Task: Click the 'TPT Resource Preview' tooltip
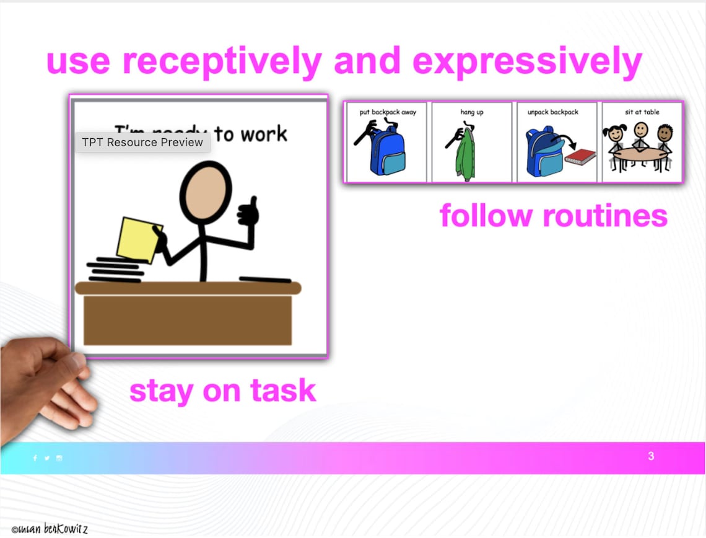[x=142, y=142]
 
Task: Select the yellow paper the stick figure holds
[x=139, y=240]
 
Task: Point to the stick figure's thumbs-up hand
[x=248, y=213]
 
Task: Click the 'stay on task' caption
[x=222, y=391]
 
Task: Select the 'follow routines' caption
[x=553, y=216]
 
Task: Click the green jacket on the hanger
[x=465, y=159]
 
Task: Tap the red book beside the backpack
[x=580, y=157]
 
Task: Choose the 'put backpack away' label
[x=388, y=112]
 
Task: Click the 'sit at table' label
[x=642, y=112]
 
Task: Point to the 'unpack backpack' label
[x=552, y=112]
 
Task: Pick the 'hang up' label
[x=471, y=112]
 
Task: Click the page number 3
[x=651, y=456]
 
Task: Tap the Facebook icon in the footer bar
[x=35, y=458]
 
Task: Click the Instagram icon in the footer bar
[x=59, y=458]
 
